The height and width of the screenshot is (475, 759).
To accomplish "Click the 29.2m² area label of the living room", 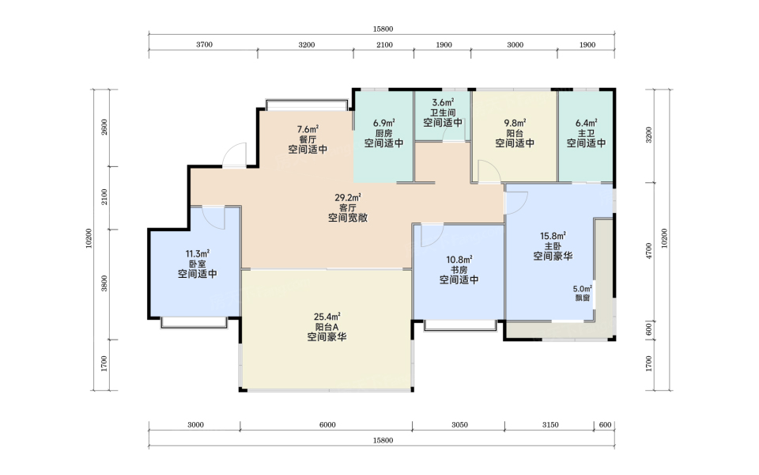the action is pos(348,198).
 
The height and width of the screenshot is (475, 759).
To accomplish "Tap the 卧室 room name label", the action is pos(198,264).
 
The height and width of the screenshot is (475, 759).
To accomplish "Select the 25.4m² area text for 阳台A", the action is pos(327,317).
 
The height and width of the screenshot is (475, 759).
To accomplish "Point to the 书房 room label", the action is pos(459,270).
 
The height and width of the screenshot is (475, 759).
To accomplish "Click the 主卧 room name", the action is pos(553,246).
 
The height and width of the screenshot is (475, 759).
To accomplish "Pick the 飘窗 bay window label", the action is pos(583,298).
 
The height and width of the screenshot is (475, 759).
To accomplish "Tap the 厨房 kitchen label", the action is pos(384,133).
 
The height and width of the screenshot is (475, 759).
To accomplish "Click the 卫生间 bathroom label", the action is pos(443,112).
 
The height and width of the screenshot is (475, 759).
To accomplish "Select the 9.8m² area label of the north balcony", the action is pos(515,123).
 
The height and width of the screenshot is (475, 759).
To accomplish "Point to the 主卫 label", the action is pos(586,133).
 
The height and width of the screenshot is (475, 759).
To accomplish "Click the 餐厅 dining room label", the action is pos(308,139).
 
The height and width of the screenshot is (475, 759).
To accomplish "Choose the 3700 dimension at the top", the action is pos(204,44).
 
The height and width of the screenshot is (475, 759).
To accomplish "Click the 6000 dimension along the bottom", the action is pos(327,425).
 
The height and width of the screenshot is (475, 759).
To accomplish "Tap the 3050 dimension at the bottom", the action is pos(460,425).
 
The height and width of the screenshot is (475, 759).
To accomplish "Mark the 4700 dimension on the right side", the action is pos(649,251).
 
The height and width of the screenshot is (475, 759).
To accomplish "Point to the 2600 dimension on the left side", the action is pos(104,127).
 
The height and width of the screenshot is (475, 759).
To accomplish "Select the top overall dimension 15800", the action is pos(383,29).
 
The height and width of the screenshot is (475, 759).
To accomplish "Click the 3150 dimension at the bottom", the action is pos(550,425).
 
